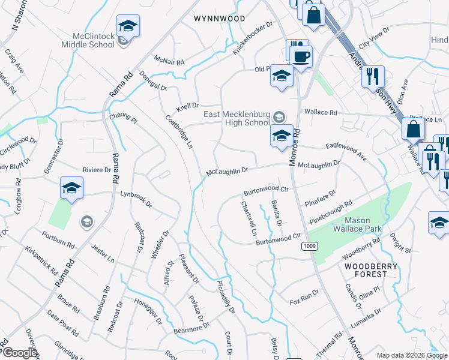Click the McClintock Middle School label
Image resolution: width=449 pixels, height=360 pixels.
pos(92,40)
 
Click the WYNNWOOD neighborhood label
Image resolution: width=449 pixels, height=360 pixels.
pos(220,19)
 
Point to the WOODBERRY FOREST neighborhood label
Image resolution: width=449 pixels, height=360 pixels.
pos(366,269)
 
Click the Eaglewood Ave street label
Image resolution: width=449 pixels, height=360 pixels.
pos(346,151)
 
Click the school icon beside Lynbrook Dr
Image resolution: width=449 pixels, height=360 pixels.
pos(71,188)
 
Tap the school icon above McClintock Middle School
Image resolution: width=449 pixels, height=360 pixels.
pos(127,26)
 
